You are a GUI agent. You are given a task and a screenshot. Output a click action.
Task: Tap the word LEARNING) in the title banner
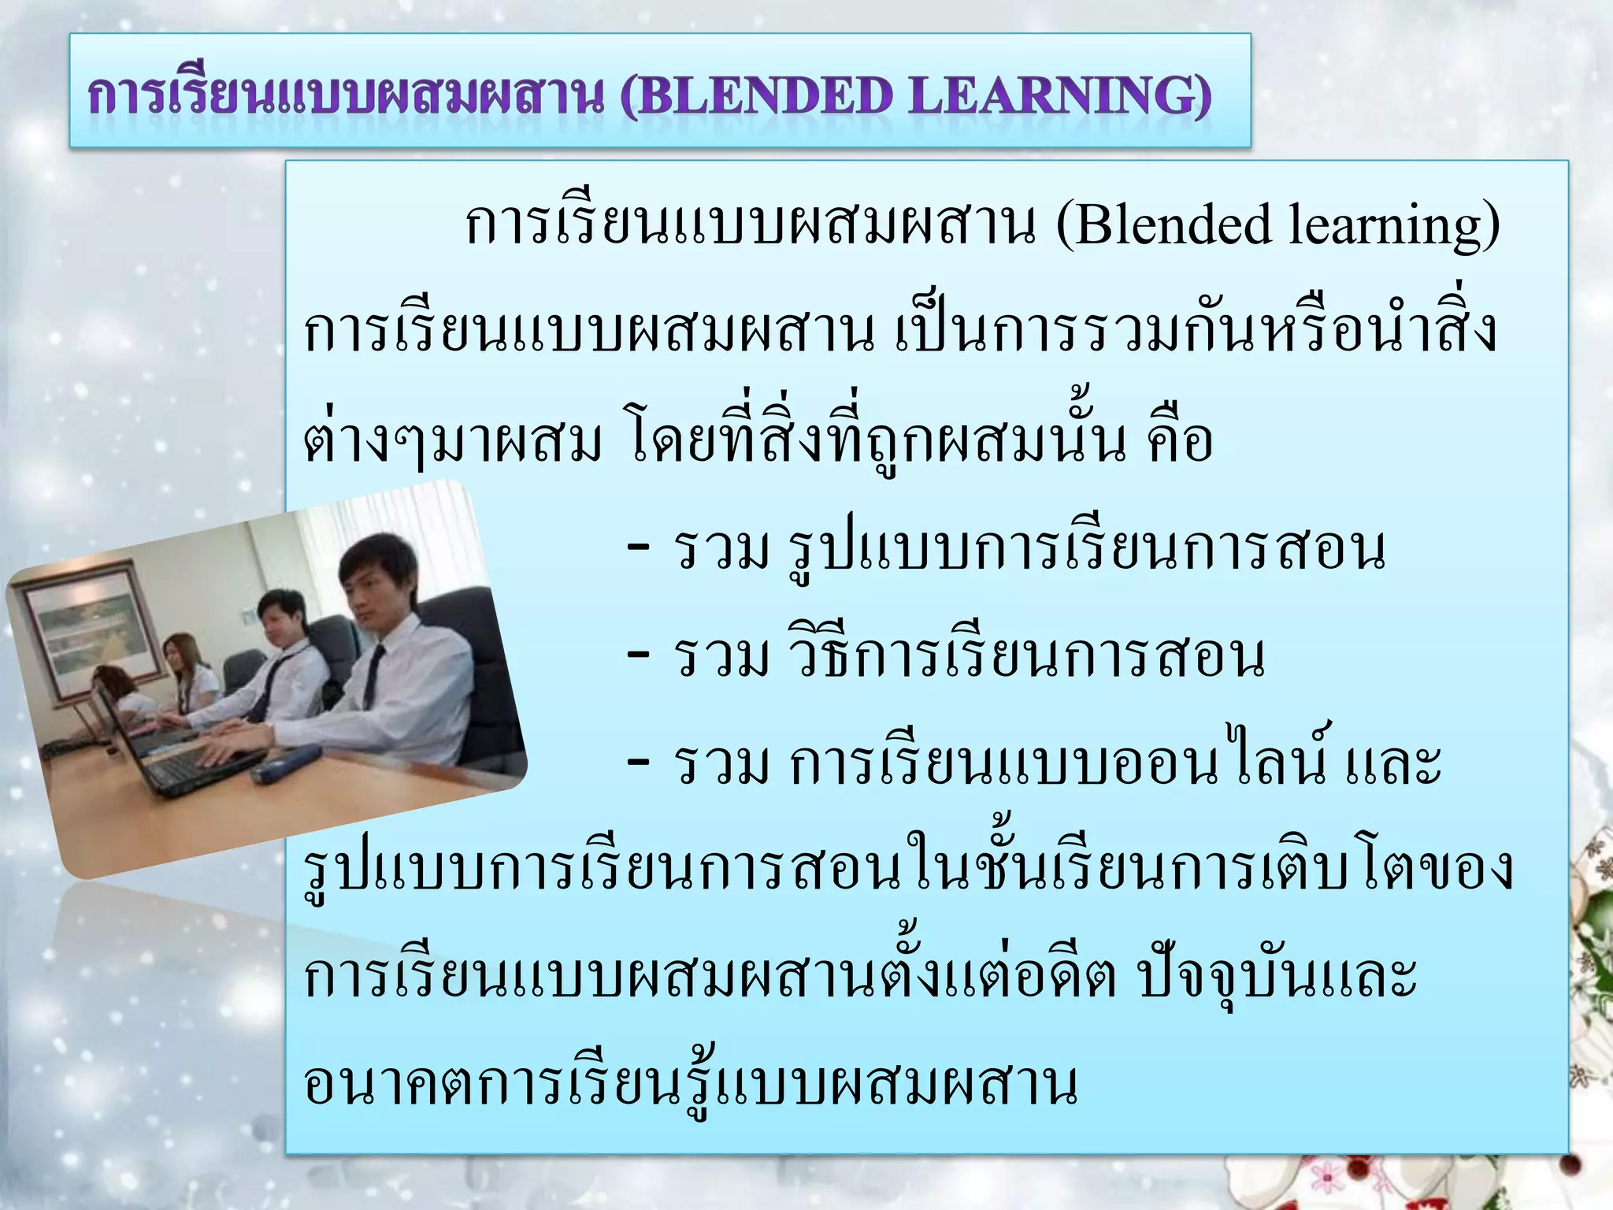pos(1059,98)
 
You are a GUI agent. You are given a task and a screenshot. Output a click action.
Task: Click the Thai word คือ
pos(1179,441)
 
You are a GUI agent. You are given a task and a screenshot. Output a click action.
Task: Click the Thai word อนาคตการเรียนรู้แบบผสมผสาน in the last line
pos(690,1084)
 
